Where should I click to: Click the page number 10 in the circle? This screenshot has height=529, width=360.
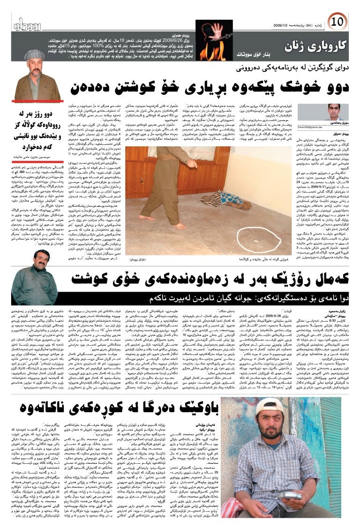pyautogui.click(x=339, y=21)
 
